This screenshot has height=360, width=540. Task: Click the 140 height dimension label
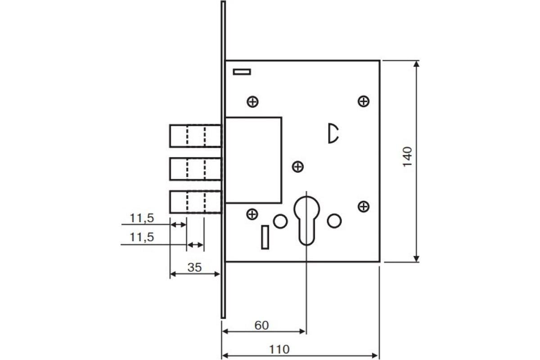[x=407, y=157]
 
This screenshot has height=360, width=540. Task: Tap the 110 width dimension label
[x=279, y=349]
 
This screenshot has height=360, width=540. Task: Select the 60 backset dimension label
[x=261, y=325]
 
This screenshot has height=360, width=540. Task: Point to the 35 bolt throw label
[x=194, y=267]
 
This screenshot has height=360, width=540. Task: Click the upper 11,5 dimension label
[x=142, y=218]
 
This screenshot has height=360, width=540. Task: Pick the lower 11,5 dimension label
[x=142, y=237]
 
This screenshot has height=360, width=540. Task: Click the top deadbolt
[x=195, y=136]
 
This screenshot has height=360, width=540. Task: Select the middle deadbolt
[x=195, y=169]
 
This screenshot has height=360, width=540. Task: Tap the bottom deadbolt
[x=195, y=202]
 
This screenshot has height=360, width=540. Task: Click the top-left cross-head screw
[x=252, y=102]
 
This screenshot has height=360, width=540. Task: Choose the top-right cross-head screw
[x=364, y=101]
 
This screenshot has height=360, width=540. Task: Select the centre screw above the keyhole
[x=298, y=166]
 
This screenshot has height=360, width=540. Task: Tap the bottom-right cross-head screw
[x=364, y=207]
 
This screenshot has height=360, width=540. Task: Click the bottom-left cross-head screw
[x=252, y=214]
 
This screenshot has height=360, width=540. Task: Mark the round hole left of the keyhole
[x=280, y=221]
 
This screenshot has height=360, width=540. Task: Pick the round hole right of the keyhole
[x=334, y=221]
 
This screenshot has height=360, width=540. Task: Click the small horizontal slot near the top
[x=242, y=72]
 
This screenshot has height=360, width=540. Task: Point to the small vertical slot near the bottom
[x=265, y=237]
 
